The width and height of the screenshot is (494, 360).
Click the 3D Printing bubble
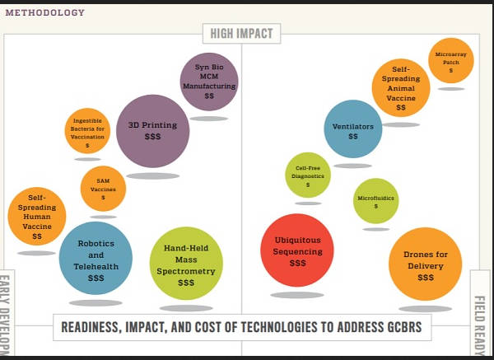pyautogui.click(x=153, y=131)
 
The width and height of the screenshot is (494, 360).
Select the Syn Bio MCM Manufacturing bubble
pyautogui.click(x=209, y=81)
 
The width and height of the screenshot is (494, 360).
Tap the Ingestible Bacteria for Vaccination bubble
pyautogui.click(x=87, y=131)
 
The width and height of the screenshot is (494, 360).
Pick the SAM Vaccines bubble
pyautogui.click(x=103, y=188)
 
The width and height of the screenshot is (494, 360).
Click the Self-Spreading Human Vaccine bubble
pyautogui.click(x=37, y=217)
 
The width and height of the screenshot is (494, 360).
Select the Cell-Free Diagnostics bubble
pyautogui.click(x=308, y=175)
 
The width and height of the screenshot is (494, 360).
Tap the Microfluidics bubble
pyautogui.click(x=375, y=200)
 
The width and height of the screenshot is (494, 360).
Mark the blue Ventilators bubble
pyautogui.click(x=352, y=129)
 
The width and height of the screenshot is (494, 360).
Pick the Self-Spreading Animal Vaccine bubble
pyautogui.click(x=401, y=88)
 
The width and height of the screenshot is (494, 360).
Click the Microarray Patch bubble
pyautogui.click(x=450, y=60)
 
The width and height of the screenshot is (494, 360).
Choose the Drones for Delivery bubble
pyautogui.click(x=425, y=264)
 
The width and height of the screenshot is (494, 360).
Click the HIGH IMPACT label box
pyautogui.click(x=242, y=34)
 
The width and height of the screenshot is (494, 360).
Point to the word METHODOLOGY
pyautogui.click(x=44, y=12)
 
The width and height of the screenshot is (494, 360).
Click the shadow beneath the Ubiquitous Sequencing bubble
pyautogui.click(x=297, y=294)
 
